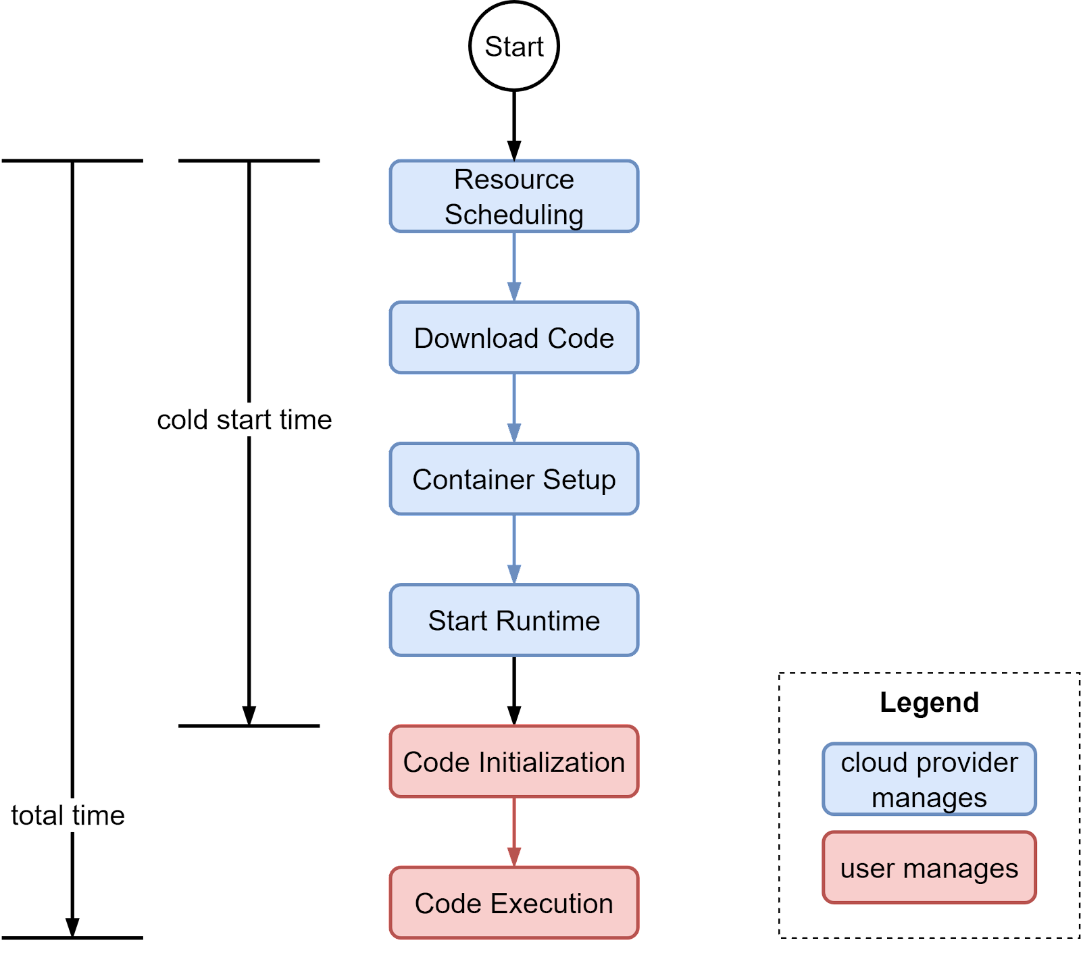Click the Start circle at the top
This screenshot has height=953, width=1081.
[513, 46]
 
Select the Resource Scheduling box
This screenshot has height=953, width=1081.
[513, 197]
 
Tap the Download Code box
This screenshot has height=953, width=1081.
[513, 338]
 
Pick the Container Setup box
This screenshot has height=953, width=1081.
[513, 479]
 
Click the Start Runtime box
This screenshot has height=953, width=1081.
[513, 620]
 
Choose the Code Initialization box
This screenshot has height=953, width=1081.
[513, 762]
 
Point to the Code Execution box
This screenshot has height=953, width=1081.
[513, 903]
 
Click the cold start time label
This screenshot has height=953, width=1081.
[244, 419]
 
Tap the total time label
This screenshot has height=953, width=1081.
[68, 815]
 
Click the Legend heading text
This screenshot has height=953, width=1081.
[929, 702]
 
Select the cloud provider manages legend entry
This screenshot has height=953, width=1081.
[929, 779]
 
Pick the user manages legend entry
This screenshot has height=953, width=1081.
[929, 868]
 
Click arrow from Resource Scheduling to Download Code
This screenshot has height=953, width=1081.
[513, 267]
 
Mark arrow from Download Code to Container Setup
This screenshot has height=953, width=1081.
[513, 408]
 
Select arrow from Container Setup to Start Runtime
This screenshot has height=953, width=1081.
[513, 549]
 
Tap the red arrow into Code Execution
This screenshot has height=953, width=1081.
[513, 832]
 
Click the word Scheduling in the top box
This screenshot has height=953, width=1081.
[513, 215]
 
